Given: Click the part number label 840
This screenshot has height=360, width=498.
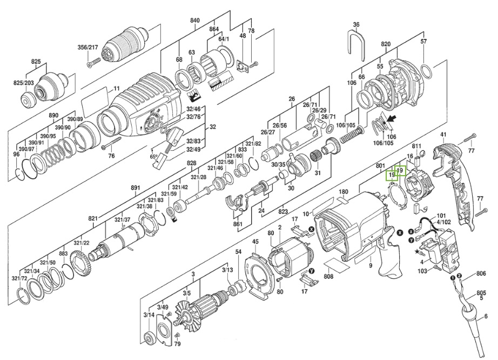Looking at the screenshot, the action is click(x=194, y=21).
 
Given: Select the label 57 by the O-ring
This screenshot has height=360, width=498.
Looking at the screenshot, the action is click(x=423, y=41).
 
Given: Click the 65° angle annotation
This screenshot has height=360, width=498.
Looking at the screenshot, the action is click(x=153, y=157).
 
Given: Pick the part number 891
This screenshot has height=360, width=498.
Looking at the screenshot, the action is click(x=135, y=188).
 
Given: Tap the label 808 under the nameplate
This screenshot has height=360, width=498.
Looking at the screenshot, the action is click(x=328, y=276).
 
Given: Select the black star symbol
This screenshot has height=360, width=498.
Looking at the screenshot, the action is click(x=416, y=252).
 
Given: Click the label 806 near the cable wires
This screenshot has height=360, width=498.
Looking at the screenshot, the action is click(x=481, y=274).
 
